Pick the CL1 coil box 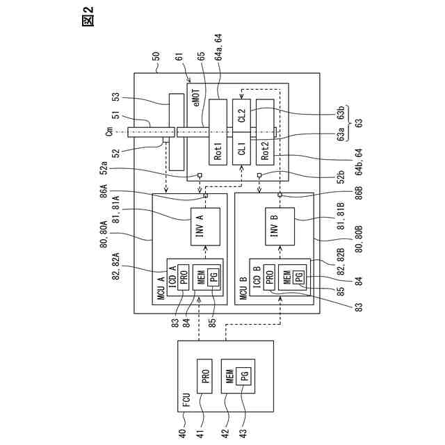241,148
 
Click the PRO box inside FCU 205,376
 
